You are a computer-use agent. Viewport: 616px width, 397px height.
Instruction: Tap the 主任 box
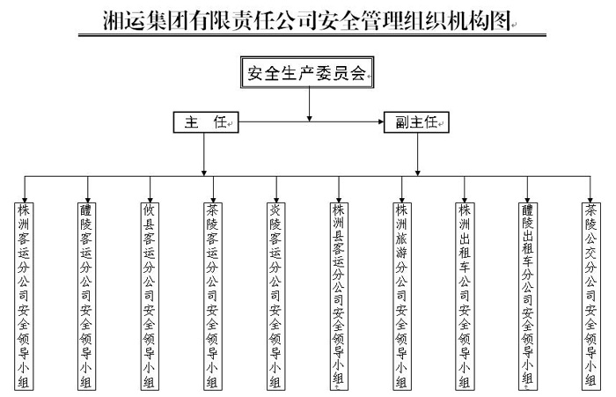(205, 123)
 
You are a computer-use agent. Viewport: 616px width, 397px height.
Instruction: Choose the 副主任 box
(417, 123)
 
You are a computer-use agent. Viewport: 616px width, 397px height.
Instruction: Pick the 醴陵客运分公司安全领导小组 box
(86, 295)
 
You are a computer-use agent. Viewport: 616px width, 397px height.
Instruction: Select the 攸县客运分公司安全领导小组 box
(149, 295)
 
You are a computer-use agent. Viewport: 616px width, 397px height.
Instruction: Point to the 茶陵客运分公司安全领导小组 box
(212, 295)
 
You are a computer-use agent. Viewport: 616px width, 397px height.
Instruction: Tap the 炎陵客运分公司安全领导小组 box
(276, 295)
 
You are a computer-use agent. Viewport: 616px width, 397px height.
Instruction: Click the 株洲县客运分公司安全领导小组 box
(339, 295)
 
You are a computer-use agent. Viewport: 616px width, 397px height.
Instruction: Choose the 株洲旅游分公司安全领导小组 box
(402, 295)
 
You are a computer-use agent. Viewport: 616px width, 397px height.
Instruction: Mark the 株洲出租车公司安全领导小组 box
(465, 295)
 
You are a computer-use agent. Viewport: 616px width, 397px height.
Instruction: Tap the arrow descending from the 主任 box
(205, 154)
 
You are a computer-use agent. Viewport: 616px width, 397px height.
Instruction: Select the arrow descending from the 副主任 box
(417, 154)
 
